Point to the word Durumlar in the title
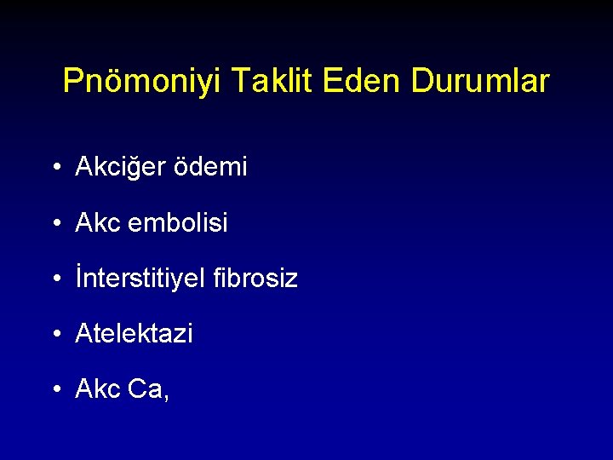pos(480,82)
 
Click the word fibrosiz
pos(264,279)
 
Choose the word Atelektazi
pos(134,334)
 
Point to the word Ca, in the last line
pos(149,389)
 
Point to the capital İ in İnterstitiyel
pos(78,278)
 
